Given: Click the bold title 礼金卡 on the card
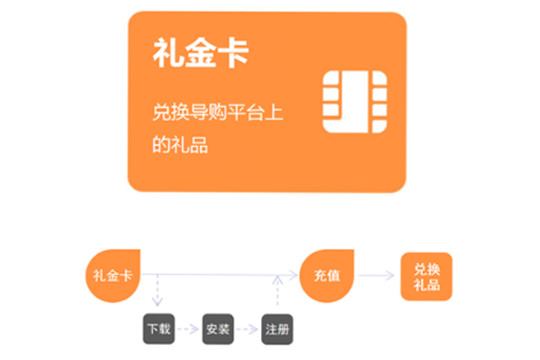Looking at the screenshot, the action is pyautogui.click(x=200, y=53).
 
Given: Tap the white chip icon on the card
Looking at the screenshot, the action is pyautogui.click(x=354, y=102).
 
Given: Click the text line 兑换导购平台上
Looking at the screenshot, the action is pyautogui.click(x=218, y=112).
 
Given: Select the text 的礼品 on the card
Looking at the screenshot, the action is pyautogui.click(x=180, y=144).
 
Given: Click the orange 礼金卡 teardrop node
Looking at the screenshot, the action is pyautogui.click(x=113, y=276).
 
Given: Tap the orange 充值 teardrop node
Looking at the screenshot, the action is pyautogui.click(x=327, y=276).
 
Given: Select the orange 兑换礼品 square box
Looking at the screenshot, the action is pyautogui.click(x=426, y=277).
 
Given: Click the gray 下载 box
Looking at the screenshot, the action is pyautogui.click(x=159, y=329).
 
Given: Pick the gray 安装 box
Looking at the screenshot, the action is pyautogui.click(x=218, y=329).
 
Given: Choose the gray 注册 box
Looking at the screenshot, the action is pyautogui.click(x=277, y=329).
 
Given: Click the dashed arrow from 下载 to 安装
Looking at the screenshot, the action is pyautogui.click(x=188, y=329).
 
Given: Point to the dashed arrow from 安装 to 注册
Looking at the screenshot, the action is pyautogui.click(x=247, y=329).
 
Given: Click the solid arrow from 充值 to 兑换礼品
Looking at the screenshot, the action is pyautogui.click(x=376, y=275).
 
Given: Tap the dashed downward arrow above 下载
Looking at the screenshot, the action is pyautogui.click(x=157, y=290).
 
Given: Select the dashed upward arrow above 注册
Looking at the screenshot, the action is pyautogui.click(x=278, y=290).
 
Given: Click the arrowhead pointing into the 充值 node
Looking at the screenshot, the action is pyautogui.click(x=293, y=275).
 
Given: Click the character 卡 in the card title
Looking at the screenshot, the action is pyautogui.click(x=233, y=53).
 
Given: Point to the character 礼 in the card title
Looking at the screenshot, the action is pyautogui.click(x=168, y=53).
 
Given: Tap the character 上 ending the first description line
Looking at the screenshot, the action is pyautogui.click(x=274, y=112).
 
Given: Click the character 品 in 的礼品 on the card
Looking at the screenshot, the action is pyautogui.click(x=199, y=145).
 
